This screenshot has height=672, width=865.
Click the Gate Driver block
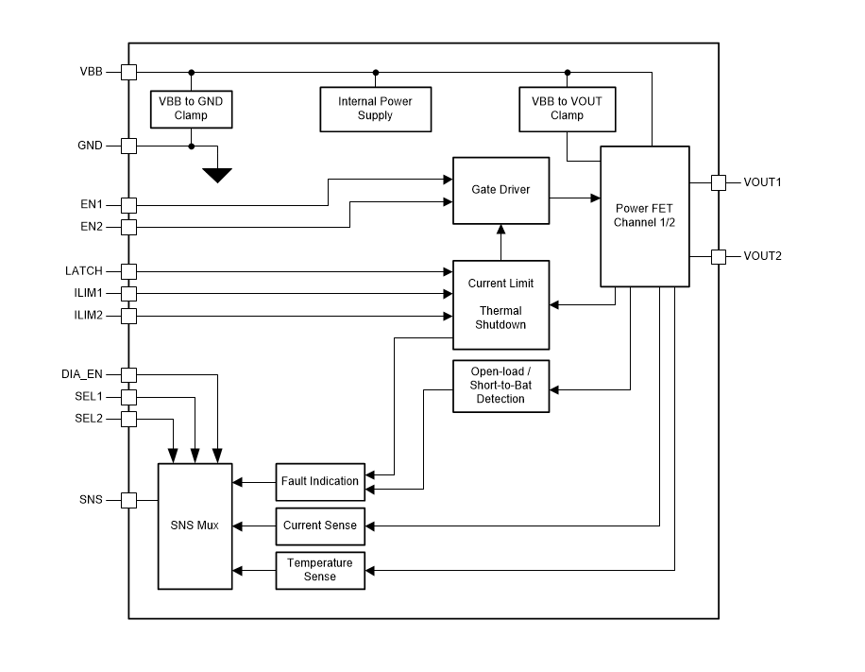[x=500, y=190]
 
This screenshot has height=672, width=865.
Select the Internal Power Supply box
[x=375, y=109]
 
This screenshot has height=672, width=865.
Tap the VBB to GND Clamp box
[x=191, y=109]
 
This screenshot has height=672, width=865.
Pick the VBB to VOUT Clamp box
[x=566, y=109]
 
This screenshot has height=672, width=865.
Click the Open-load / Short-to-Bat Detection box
[x=500, y=386]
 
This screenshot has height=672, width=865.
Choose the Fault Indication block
[x=320, y=481]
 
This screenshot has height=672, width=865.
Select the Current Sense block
[x=320, y=526]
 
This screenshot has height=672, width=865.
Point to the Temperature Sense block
[x=320, y=570]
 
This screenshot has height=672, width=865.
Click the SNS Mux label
[x=195, y=526]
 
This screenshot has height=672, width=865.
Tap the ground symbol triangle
[x=218, y=175]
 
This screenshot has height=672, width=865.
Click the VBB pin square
[x=129, y=72]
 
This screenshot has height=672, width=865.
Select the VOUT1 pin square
[x=718, y=182]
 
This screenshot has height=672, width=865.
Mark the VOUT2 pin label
[x=762, y=256]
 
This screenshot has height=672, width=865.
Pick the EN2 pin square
[x=129, y=227]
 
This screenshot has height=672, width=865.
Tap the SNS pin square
[x=129, y=500]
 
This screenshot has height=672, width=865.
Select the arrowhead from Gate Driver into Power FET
[x=595, y=198]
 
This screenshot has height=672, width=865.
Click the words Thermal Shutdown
[x=500, y=318]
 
